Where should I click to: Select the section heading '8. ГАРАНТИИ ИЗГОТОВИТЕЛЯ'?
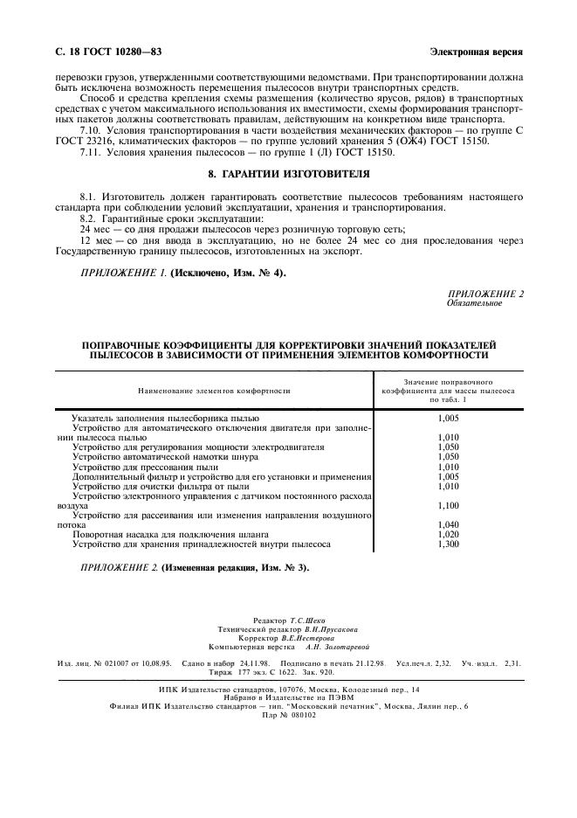289,174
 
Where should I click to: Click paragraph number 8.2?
90,218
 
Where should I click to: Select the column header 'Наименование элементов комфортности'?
214,392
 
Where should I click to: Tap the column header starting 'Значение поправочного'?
448,383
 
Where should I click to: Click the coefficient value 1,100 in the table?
448,505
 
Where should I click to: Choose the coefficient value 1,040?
448,524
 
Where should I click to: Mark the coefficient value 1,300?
448,544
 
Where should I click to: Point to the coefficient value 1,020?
448,534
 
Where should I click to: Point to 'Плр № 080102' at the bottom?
288,714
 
